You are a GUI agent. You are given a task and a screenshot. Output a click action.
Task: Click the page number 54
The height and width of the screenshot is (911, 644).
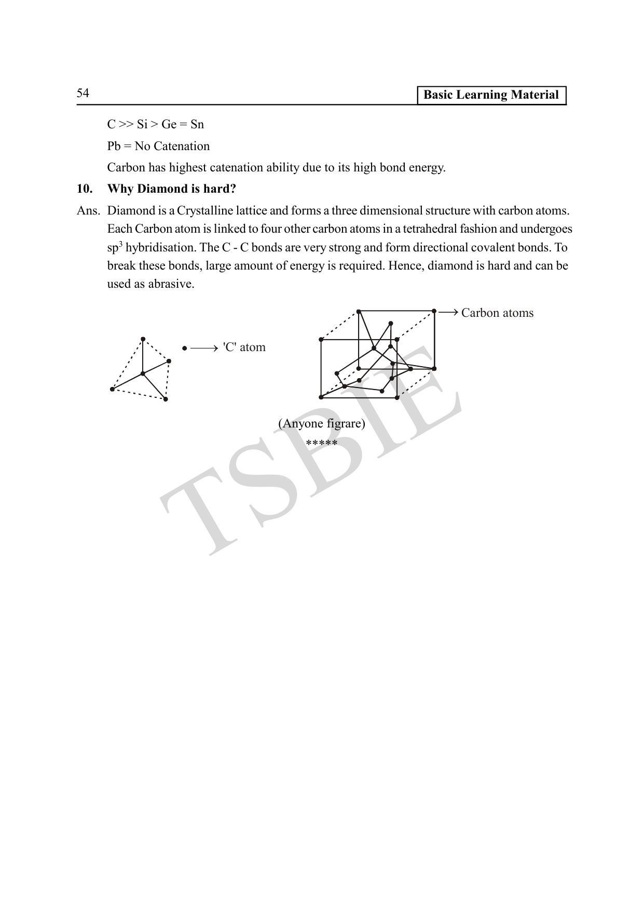click(x=83, y=93)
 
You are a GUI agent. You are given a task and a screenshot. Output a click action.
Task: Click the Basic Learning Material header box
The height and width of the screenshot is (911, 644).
click(x=491, y=95)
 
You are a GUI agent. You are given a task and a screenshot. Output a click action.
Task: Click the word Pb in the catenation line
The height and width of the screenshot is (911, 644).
click(x=114, y=146)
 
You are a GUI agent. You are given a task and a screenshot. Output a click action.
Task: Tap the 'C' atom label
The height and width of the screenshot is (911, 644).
click(x=244, y=347)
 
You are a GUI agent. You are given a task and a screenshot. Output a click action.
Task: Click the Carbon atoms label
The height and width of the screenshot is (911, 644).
click(x=497, y=313)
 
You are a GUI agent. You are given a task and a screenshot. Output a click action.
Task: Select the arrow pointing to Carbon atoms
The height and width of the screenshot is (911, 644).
click(x=448, y=312)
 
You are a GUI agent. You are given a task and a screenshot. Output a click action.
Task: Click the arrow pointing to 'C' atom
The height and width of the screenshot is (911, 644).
click(x=203, y=348)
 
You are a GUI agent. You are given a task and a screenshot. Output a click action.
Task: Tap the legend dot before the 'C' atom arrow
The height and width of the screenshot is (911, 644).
click(x=184, y=348)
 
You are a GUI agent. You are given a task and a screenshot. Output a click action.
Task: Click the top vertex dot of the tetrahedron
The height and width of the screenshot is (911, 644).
click(x=143, y=339)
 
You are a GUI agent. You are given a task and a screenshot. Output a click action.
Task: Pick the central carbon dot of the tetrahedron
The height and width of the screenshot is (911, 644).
click(x=143, y=373)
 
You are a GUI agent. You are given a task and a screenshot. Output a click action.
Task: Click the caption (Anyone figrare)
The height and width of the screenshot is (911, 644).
click(x=321, y=424)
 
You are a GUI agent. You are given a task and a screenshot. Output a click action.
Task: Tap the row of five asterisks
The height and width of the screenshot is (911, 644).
click(x=321, y=443)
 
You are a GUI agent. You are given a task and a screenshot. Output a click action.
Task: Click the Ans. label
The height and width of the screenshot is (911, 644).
click(x=88, y=211)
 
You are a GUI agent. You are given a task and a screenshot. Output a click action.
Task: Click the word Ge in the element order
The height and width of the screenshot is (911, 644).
click(x=169, y=125)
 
